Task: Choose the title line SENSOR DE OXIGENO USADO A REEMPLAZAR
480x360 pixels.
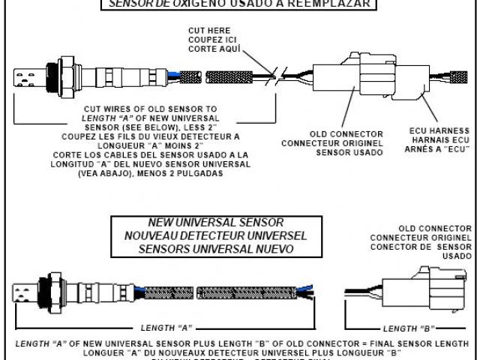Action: (x=239, y=4)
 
